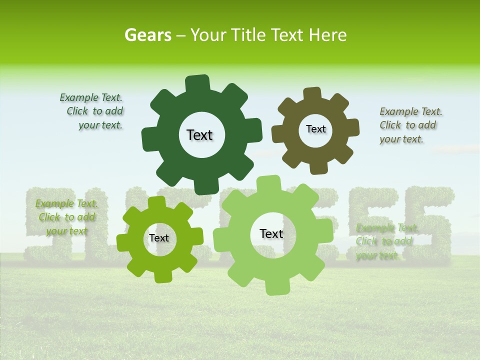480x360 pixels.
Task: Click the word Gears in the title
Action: (147, 35)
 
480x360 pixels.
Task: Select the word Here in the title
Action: (327, 35)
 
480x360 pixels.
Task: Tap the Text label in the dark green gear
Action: (199, 135)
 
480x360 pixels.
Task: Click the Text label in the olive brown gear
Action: (315, 129)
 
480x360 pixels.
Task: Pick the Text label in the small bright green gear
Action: (159, 238)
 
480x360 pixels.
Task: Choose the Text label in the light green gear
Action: (271, 234)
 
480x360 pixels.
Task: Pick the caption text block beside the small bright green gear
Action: (66, 217)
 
